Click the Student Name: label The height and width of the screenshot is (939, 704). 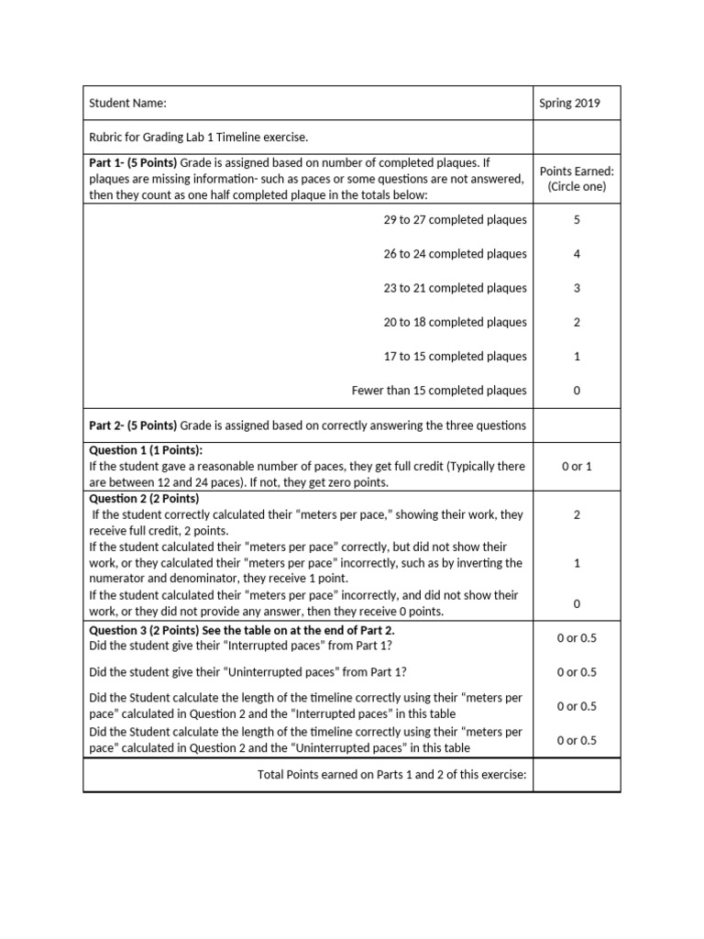click(x=127, y=104)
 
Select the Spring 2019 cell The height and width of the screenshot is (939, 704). click(x=569, y=104)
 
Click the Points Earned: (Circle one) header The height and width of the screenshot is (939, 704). click(x=577, y=179)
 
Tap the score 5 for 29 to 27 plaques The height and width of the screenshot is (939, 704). click(x=577, y=220)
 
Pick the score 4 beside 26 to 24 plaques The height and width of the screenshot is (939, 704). click(x=577, y=254)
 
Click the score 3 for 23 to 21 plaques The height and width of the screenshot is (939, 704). click(x=577, y=288)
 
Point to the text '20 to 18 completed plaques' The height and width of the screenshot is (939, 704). click(x=455, y=322)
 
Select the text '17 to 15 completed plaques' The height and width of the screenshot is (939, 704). click(x=455, y=356)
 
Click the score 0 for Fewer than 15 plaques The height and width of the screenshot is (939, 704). click(x=577, y=391)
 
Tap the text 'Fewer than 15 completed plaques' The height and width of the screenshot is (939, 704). click(x=439, y=391)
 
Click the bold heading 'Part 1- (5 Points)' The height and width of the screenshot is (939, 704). click(x=132, y=162)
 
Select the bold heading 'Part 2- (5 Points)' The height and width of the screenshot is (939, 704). click(x=132, y=425)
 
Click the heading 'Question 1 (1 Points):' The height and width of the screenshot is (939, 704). click(x=146, y=450)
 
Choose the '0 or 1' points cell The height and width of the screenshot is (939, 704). click(x=577, y=467)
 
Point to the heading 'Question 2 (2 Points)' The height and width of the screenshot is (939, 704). click(x=144, y=499)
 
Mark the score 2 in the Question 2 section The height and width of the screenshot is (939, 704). click(x=577, y=515)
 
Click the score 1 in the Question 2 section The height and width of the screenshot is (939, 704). click(x=577, y=564)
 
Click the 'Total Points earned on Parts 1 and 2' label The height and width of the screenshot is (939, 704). click(x=391, y=775)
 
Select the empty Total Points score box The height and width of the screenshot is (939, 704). click(x=577, y=775)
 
